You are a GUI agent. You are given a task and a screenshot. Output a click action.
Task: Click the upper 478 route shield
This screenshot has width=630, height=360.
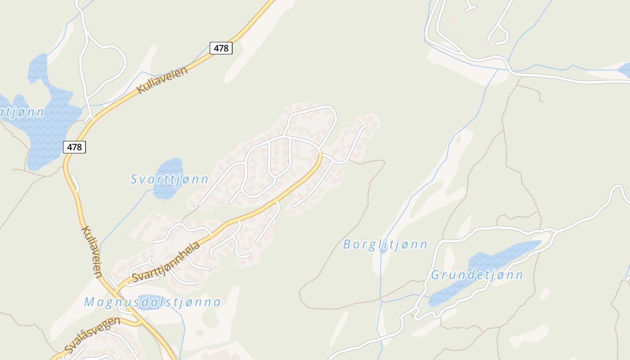click(x=221, y=48)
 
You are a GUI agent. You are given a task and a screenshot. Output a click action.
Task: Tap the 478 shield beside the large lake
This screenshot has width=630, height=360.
click(x=74, y=147)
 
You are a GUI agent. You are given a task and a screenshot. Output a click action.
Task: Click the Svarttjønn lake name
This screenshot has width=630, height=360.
click(x=169, y=180)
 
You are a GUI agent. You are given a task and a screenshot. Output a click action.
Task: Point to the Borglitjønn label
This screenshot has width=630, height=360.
click(x=385, y=245)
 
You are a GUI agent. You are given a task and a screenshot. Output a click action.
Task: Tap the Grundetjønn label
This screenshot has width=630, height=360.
click(x=477, y=275)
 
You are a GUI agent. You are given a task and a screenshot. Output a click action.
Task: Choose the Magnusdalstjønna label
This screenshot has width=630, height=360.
click(x=153, y=302)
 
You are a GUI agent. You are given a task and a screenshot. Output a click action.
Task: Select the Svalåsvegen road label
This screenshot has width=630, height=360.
click(x=92, y=335)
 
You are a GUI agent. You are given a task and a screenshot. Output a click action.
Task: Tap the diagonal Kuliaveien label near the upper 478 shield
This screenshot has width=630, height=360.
click(x=162, y=80)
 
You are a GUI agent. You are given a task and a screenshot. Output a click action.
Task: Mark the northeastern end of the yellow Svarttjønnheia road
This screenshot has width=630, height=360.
click(x=320, y=155)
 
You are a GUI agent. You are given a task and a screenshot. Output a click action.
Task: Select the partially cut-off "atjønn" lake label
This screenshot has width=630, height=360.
click(x=22, y=112)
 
